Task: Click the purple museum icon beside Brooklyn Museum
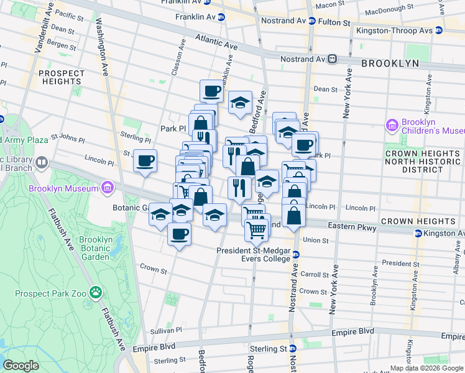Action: click(108, 187)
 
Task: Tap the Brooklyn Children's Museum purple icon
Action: click(392, 126)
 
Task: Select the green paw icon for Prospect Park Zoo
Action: click(95, 292)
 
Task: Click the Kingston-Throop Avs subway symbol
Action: click(438, 30)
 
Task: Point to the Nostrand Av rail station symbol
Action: click(333, 59)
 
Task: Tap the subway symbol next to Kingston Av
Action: click(418, 234)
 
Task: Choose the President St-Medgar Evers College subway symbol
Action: click(296, 254)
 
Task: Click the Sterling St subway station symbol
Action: click(292, 349)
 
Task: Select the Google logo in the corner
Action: click(21, 365)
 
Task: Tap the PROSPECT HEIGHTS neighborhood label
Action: click(61, 77)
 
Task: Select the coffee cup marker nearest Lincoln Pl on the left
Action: click(145, 162)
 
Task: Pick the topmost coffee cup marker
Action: click(211, 91)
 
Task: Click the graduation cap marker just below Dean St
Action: click(240, 103)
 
